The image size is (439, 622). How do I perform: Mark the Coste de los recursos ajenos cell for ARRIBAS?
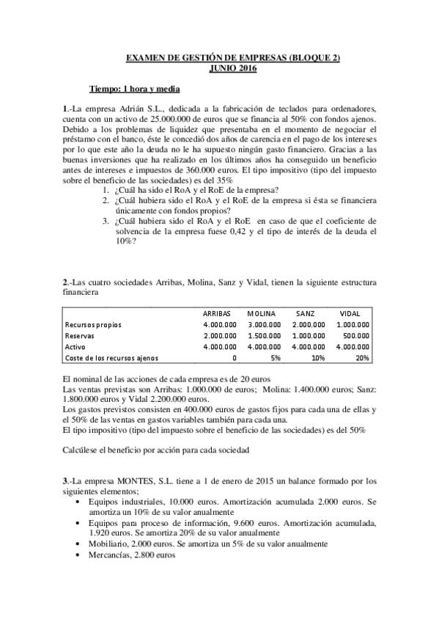tap(234, 358)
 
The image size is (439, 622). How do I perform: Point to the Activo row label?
tap(75, 346)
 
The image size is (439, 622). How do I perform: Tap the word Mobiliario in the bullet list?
tap(109, 544)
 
